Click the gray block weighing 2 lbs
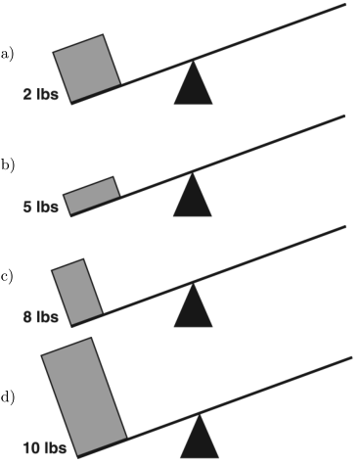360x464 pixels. (87, 69)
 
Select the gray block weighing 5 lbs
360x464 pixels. (92, 196)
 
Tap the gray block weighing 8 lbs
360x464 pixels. (77, 293)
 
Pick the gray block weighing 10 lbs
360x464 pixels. (84, 396)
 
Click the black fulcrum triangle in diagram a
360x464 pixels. (194, 86)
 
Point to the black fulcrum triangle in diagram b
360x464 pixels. (193, 199)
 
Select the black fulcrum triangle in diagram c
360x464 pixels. (194, 309)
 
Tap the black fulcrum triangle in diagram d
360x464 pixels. (200, 441)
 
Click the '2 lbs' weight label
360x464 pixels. (41, 95)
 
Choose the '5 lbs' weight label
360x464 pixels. (41, 207)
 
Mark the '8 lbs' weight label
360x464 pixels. (41, 317)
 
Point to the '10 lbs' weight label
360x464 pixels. (45, 448)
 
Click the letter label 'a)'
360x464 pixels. (7, 54)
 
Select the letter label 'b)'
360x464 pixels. (8, 165)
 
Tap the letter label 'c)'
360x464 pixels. (7, 277)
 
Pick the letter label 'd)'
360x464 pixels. (8, 397)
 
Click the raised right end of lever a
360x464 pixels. (345, 4)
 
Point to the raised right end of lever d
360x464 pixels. (352, 358)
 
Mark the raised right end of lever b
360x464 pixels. (344, 116)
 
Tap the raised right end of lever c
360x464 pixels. (345, 226)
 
